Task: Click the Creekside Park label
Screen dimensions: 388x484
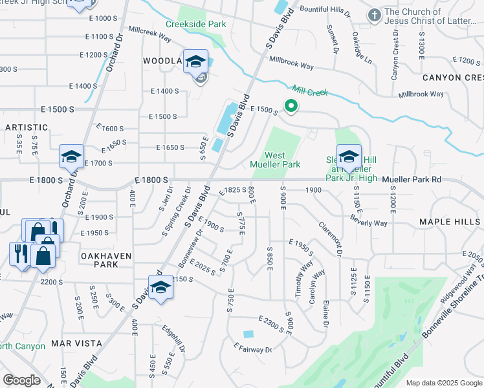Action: [x=195, y=24]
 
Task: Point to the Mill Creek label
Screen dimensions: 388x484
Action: [x=311, y=92]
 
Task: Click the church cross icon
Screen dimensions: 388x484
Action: [x=374, y=14]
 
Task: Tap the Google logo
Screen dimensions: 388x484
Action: [x=21, y=380]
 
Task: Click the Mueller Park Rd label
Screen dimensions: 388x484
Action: [x=412, y=179]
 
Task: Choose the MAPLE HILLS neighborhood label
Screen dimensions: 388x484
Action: [x=450, y=222]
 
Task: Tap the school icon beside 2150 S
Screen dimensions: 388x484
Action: [x=160, y=287]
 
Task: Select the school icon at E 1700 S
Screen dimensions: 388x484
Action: [x=72, y=156]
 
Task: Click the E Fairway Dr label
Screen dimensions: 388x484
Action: [x=253, y=349]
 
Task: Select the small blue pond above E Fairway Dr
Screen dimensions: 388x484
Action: [x=248, y=334]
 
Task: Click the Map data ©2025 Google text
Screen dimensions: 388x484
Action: [x=443, y=382]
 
